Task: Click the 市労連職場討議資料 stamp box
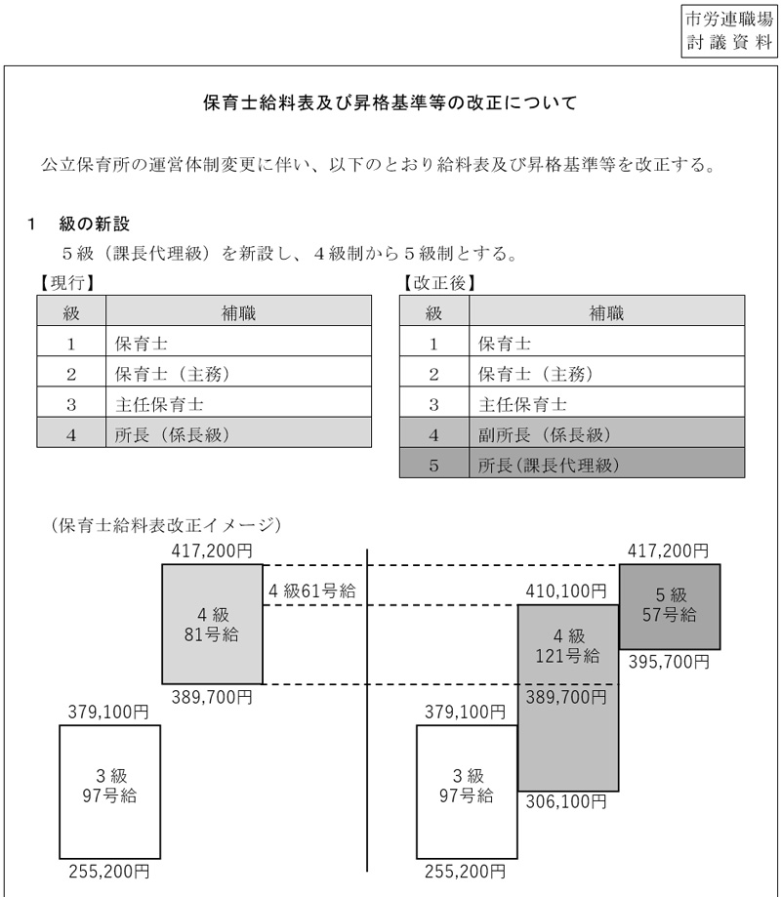tap(728, 30)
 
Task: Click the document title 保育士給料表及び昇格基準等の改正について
tap(390, 102)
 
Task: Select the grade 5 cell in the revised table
tap(434, 466)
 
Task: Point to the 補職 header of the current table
tap(238, 313)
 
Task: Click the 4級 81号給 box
tap(213, 624)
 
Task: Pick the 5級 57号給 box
tap(670, 605)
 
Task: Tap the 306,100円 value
tap(567, 803)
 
